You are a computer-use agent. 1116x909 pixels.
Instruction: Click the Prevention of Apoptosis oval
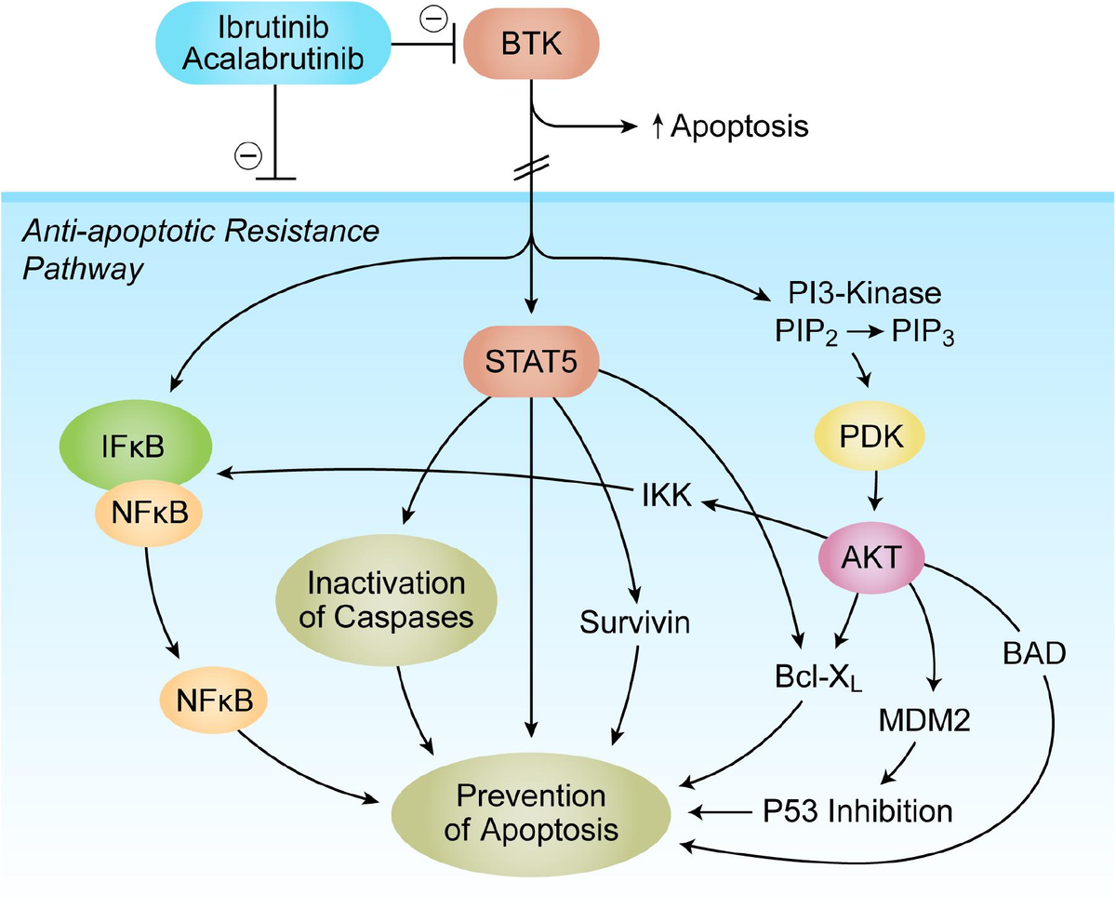531,812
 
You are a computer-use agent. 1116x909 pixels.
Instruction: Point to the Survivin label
635,622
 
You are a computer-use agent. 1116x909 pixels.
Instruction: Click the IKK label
666,497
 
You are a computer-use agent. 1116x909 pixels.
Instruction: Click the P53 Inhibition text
851,810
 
